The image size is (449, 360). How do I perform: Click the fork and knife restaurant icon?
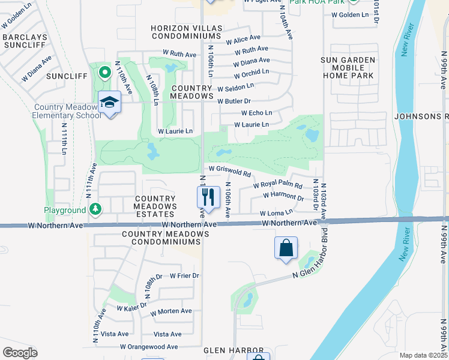206,196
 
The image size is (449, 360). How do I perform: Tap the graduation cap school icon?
110,103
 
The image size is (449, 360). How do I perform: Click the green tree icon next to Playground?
95,209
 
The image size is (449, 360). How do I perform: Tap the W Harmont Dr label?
283,196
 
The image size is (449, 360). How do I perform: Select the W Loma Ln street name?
276,213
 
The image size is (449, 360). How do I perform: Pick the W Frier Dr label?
184,276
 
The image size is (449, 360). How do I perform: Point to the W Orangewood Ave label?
149,347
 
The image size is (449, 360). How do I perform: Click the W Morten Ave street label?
171,311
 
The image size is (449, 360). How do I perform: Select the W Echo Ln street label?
256,113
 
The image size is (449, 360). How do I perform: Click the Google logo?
20,353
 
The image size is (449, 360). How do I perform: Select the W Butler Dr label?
234,101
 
